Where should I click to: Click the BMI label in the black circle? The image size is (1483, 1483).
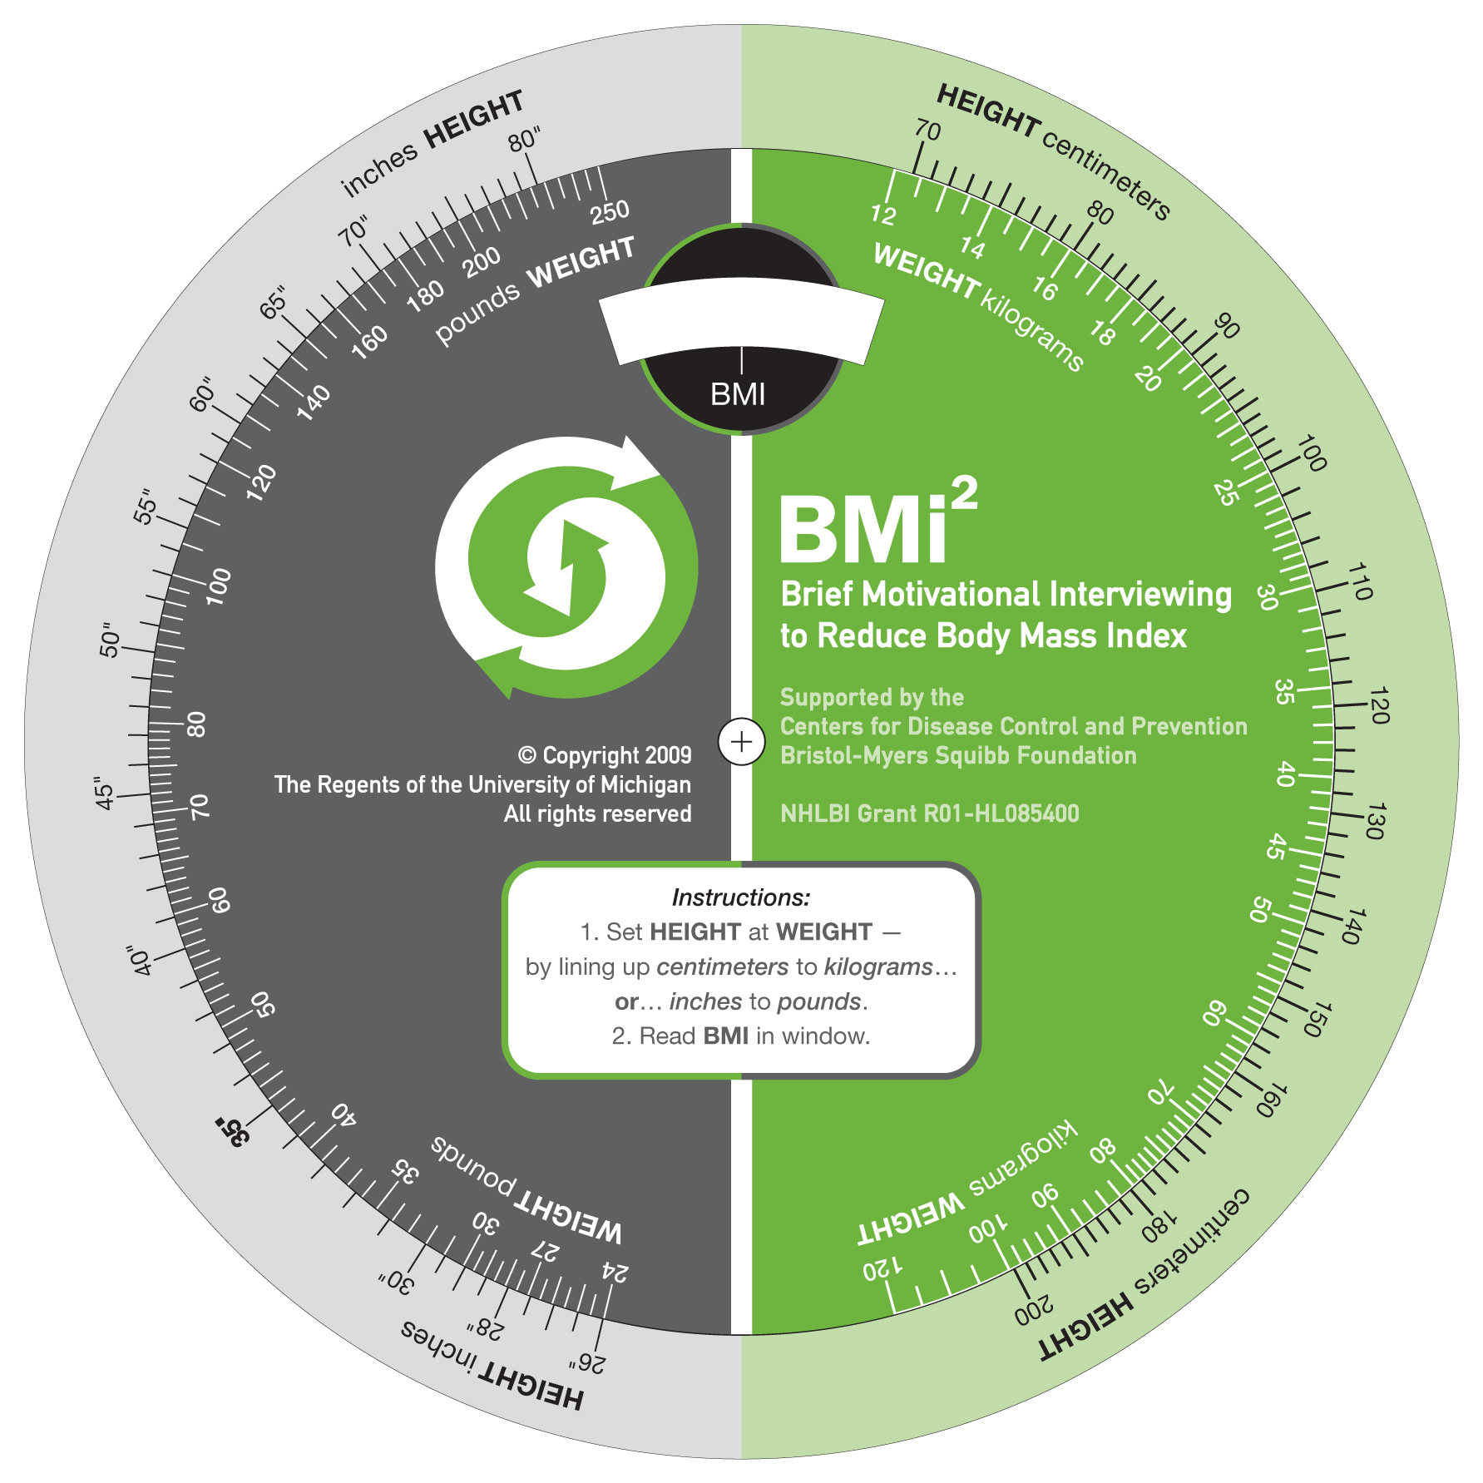click(738, 394)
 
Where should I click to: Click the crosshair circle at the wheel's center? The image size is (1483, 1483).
click(741, 741)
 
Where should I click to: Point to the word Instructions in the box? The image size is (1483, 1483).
click(740, 897)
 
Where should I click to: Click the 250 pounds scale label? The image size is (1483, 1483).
click(610, 211)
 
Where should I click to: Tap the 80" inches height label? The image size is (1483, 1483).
click(525, 140)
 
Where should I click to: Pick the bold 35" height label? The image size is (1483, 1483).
click(232, 1132)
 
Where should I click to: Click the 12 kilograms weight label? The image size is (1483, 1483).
click(883, 215)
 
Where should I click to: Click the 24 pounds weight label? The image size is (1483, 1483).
click(615, 1272)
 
